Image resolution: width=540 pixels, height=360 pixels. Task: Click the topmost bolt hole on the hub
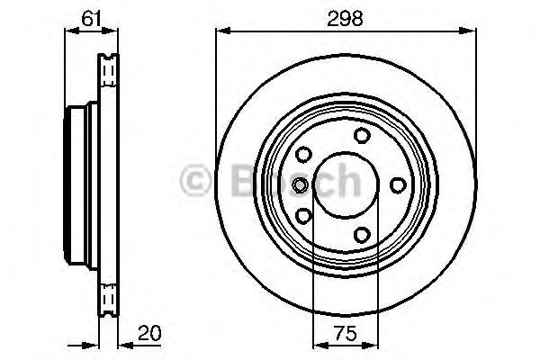(x=362, y=136)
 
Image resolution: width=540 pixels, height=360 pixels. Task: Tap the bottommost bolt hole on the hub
(x=362, y=235)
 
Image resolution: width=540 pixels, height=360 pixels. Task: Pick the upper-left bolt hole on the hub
(x=303, y=155)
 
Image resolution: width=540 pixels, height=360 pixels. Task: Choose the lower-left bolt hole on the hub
(x=303, y=216)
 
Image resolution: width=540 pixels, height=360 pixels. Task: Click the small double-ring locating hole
(x=300, y=185)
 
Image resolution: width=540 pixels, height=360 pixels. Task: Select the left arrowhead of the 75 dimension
(x=318, y=343)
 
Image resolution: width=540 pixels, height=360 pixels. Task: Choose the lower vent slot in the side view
(x=109, y=298)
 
